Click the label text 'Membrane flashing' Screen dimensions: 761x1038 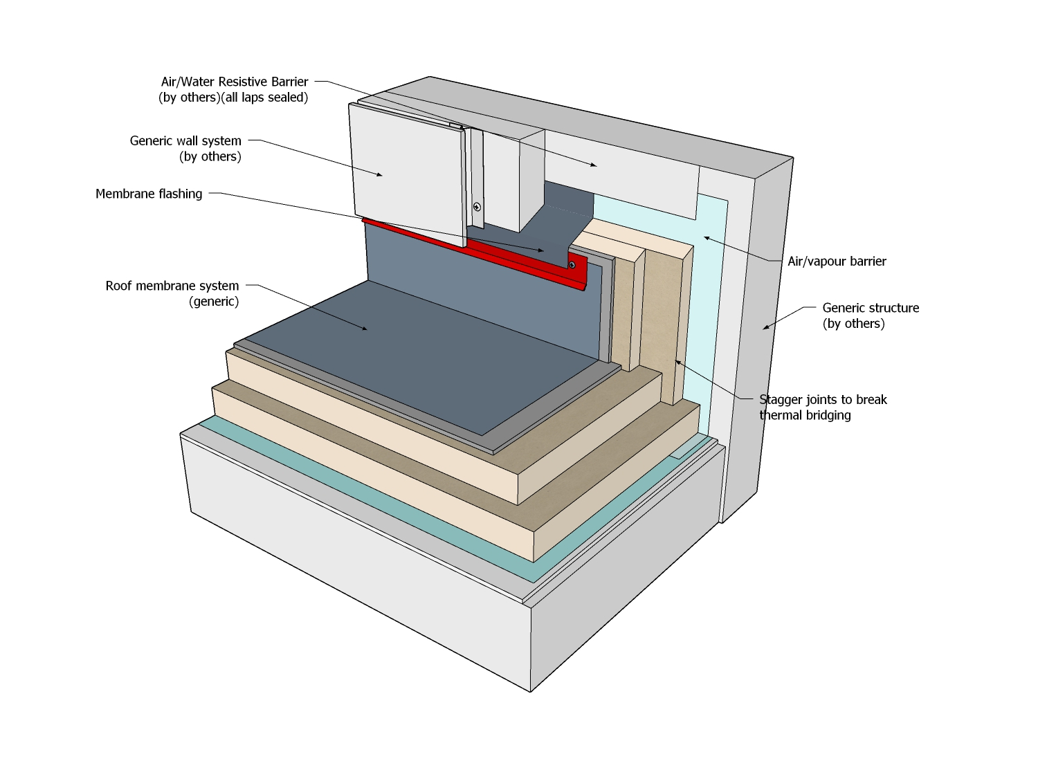(x=149, y=194)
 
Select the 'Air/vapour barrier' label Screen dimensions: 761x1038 (x=837, y=262)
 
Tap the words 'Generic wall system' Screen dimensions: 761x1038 (x=185, y=141)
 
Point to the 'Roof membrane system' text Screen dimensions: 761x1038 (x=172, y=286)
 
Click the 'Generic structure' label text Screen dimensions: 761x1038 (x=871, y=308)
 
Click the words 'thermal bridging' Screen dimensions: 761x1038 (x=805, y=416)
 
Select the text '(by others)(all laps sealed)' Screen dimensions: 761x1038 (x=233, y=98)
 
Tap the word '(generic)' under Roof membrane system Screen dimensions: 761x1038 (x=214, y=302)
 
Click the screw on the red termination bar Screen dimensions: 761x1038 (x=572, y=265)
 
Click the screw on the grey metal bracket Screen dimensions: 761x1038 (x=477, y=206)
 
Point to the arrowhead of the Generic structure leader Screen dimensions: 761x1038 (x=765, y=328)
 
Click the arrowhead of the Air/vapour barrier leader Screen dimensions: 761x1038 (x=706, y=238)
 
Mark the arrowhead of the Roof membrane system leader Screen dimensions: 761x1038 (x=365, y=329)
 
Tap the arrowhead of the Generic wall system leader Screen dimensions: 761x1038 (x=380, y=176)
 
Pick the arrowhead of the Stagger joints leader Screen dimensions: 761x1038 (x=677, y=361)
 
